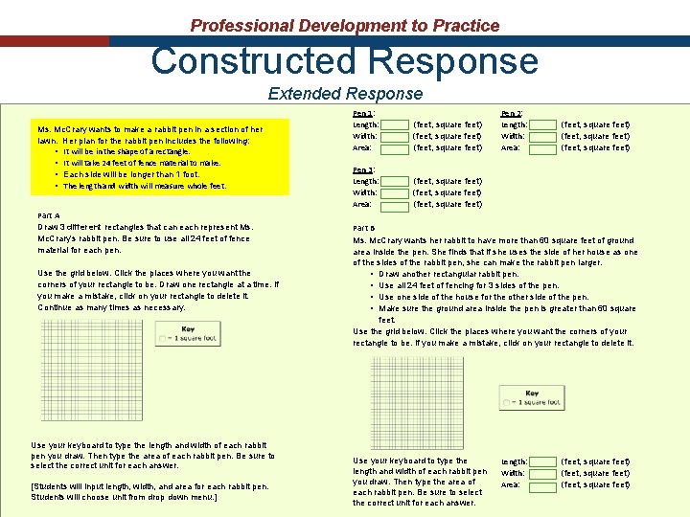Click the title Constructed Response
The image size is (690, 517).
[x=344, y=61]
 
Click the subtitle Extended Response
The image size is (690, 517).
[x=345, y=93]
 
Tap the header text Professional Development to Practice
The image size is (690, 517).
[x=345, y=26]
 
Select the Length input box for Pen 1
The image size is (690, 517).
[x=394, y=124]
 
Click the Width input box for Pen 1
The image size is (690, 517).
[x=394, y=136]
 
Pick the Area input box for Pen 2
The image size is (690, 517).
[x=542, y=147]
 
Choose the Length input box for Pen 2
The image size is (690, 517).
[x=542, y=124]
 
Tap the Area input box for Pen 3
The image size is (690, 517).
[x=394, y=204]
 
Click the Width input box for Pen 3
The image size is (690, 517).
[x=394, y=192]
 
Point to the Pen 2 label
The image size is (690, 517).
[x=513, y=113]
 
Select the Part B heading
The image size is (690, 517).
[x=365, y=228]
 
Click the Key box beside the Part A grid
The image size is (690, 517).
[x=187, y=334]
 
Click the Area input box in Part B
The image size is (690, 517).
[x=542, y=485]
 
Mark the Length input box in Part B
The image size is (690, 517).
[x=542, y=462]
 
